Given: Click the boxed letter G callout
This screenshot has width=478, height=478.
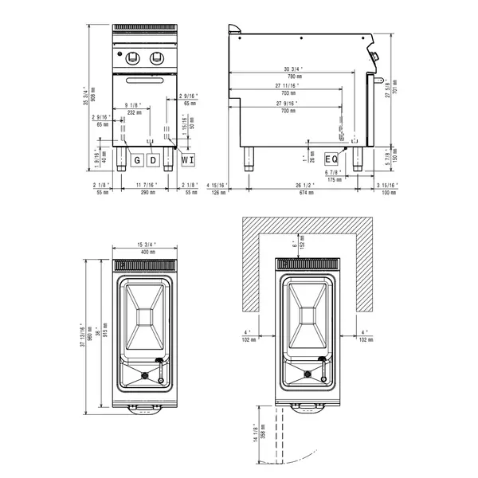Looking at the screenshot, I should point(137,161).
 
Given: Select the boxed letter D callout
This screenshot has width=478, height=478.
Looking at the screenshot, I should point(155,161).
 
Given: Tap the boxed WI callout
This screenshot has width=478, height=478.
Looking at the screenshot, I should point(187,161).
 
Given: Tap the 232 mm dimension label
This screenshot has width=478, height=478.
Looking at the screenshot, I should point(134,112).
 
